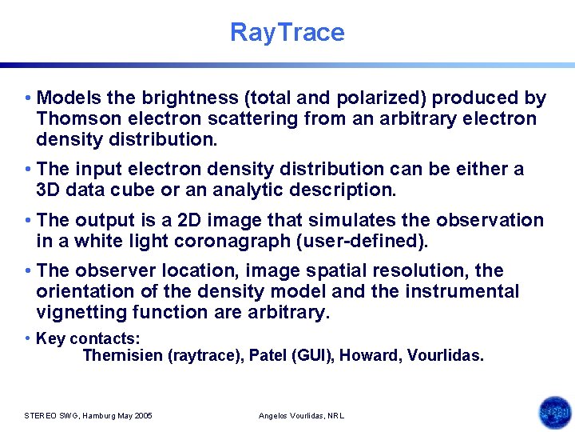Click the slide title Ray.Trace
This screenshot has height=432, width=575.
(x=287, y=32)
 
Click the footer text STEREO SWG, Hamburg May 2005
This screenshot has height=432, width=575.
(x=89, y=416)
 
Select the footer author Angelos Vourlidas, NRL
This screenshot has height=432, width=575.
(x=302, y=416)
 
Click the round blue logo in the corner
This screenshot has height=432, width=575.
(x=554, y=413)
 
